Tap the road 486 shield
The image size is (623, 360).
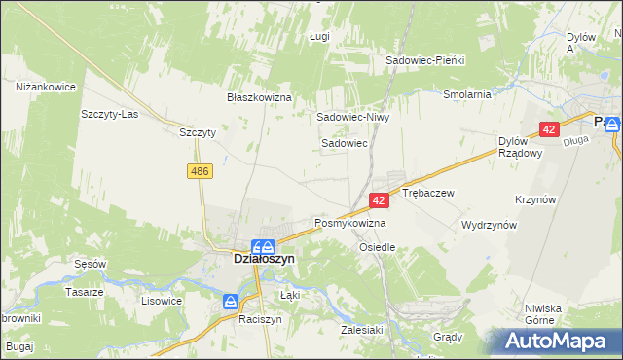(x=200, y=171)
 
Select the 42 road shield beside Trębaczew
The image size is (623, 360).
(x=380, y=199)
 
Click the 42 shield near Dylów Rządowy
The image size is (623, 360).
(x=550, y=129)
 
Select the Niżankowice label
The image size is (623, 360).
(x=46, y=87)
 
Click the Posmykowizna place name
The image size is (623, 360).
(x=349, y=223)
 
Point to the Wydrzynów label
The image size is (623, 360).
(x=489, y=224)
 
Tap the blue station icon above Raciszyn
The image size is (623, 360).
(x=231, y=302)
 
